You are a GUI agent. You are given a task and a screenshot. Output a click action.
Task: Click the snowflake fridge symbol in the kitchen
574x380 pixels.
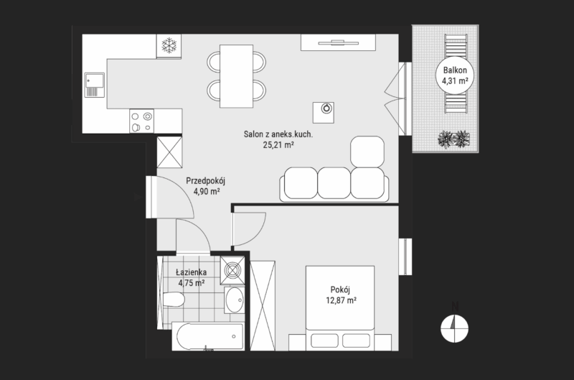tap(169, 45)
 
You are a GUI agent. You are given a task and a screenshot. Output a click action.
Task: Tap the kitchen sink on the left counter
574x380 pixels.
tap(95, 85)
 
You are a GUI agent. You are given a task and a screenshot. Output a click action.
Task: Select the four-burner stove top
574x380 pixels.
tap(141, 121)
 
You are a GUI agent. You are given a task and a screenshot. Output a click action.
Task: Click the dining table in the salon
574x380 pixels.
tap(237, 76)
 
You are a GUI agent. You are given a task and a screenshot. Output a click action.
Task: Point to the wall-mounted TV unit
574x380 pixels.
tap(338, 42)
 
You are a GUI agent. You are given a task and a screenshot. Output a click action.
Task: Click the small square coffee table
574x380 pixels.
tap(324, 113)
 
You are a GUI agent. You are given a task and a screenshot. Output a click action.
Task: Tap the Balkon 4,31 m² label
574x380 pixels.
tap(455, 75)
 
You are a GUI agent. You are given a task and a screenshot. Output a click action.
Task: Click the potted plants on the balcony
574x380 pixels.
tap(454, 139)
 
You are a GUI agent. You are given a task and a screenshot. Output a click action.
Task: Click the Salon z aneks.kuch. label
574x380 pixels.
tap(278, 134)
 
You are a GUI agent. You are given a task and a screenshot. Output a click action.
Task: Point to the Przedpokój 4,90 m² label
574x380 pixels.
tap(205, 186)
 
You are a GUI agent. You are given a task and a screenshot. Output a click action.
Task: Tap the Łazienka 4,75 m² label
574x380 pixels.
tap(191, 277)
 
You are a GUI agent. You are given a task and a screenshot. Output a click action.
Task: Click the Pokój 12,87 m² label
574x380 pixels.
tap(341, 295)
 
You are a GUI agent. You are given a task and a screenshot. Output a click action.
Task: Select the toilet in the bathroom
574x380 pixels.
tap(173, 300)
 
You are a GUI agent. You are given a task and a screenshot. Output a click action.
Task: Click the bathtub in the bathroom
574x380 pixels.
tap(208, 336)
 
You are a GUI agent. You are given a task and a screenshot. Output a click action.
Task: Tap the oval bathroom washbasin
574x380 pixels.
tap(235, 300)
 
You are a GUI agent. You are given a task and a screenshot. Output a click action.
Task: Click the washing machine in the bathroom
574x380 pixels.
tap(232, 270)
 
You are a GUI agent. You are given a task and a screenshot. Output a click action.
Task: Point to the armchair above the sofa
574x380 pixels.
tap(367, 152)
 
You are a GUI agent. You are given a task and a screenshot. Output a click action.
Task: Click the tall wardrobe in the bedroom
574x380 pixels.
tap(263, 305)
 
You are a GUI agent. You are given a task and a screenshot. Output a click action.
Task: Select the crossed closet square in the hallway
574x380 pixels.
tap(169, 152)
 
